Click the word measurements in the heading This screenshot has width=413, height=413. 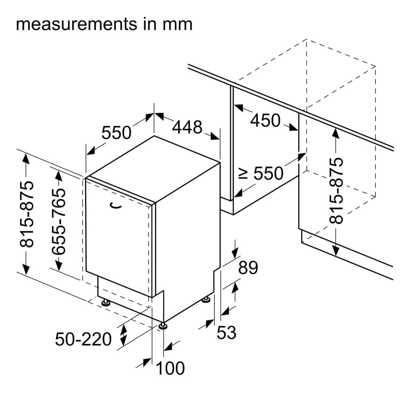[x=71, y=24]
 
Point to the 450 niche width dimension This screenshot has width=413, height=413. [x=266, y=121]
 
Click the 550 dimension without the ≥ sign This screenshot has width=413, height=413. [x=116, y=133]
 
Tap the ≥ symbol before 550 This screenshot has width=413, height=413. [x=244, y=174]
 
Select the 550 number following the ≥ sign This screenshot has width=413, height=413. [x=268, y=174]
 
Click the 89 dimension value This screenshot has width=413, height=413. [x=248, y=268]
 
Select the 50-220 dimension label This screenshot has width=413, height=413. [x=83, y=339]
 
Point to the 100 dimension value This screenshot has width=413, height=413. [x=170, y=368]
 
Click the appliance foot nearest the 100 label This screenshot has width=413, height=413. [x=164, y=326]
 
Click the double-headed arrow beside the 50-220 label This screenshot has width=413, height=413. [x=123, y=335]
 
